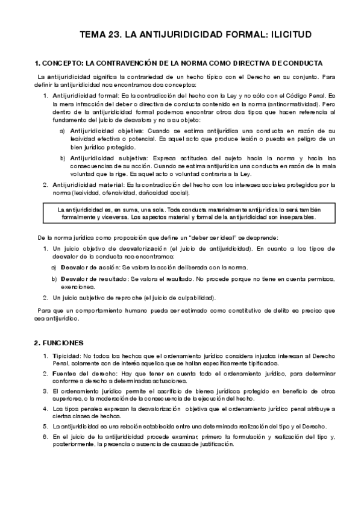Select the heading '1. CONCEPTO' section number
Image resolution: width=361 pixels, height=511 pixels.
pyautogui.click(x=37, y=63)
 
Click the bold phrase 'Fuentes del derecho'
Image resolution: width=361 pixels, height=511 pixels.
pyautogui.click(x=81, y=374)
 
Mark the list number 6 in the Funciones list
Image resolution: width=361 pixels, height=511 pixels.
pyautogui.click(x=45, y=435)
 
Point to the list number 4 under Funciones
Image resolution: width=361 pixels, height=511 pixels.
pyautogui.click(x=45, y=409)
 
